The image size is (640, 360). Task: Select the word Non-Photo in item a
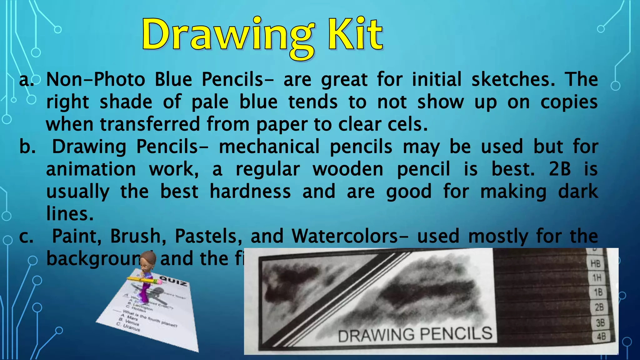click(96, 79)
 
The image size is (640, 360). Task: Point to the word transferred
click(150, 124)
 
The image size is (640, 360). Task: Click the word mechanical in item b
click(269, 147)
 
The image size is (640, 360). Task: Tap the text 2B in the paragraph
click(560, 169)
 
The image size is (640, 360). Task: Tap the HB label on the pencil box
click(595, 264)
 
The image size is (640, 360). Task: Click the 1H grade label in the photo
click(597, 277)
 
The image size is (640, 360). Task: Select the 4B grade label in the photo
click(601, 337)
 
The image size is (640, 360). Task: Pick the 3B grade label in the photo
click(600, 322)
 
